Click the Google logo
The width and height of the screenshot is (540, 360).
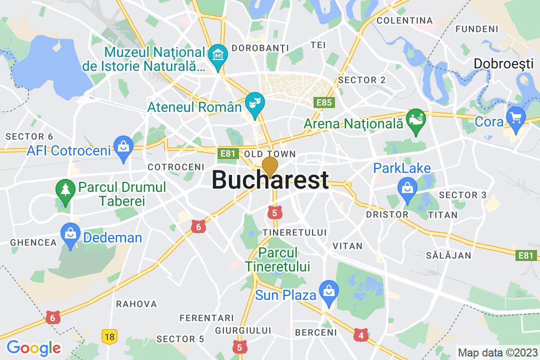[33, 347]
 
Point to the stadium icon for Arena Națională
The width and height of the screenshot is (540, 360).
[415, 120]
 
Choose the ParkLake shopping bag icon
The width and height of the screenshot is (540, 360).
[407, 187]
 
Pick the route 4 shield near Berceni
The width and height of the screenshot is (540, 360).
[360, 335]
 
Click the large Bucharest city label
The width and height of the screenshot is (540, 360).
[270, 180]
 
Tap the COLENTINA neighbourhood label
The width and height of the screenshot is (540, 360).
[404, 20]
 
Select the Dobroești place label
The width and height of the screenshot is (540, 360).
[505, 63]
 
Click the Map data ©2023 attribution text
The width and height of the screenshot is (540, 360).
[496, 352]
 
